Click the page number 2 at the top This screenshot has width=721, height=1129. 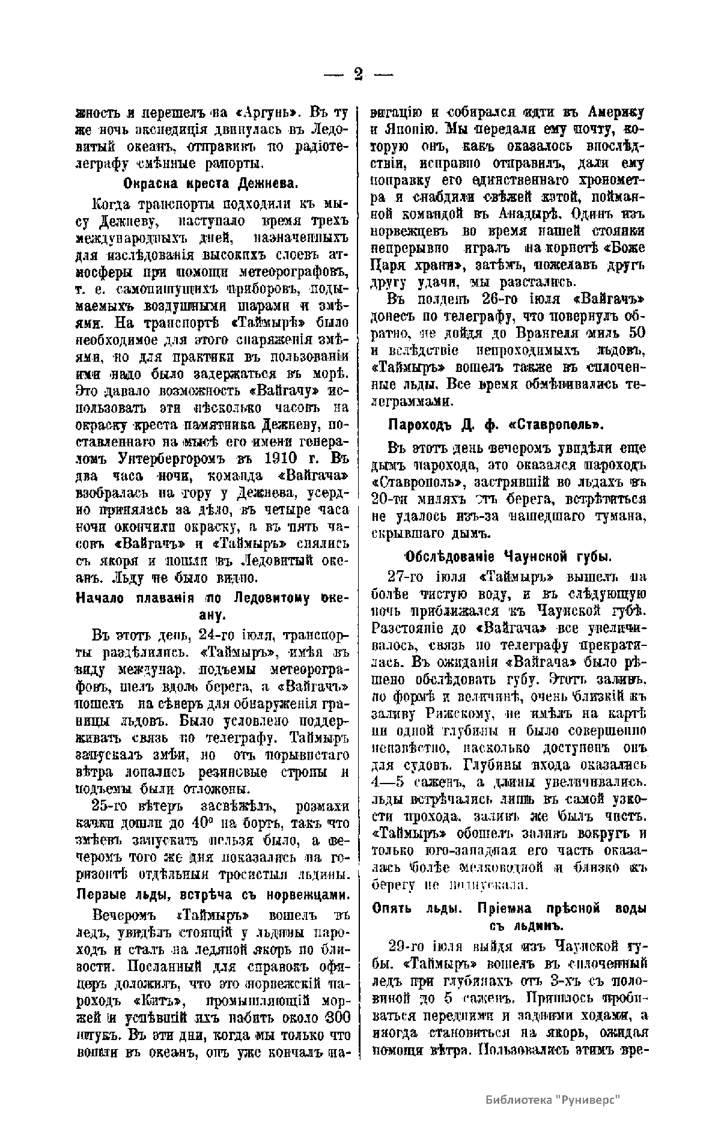pyautogui.click(x=359, y=74)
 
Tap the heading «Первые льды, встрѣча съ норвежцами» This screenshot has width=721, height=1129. pyautogui.click(x=213, y=893)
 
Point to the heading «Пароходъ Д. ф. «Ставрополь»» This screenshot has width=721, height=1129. pyautogui.click(x=496, y=425)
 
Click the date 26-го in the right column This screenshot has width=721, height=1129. pyautogui.click(x=501, y=299)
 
